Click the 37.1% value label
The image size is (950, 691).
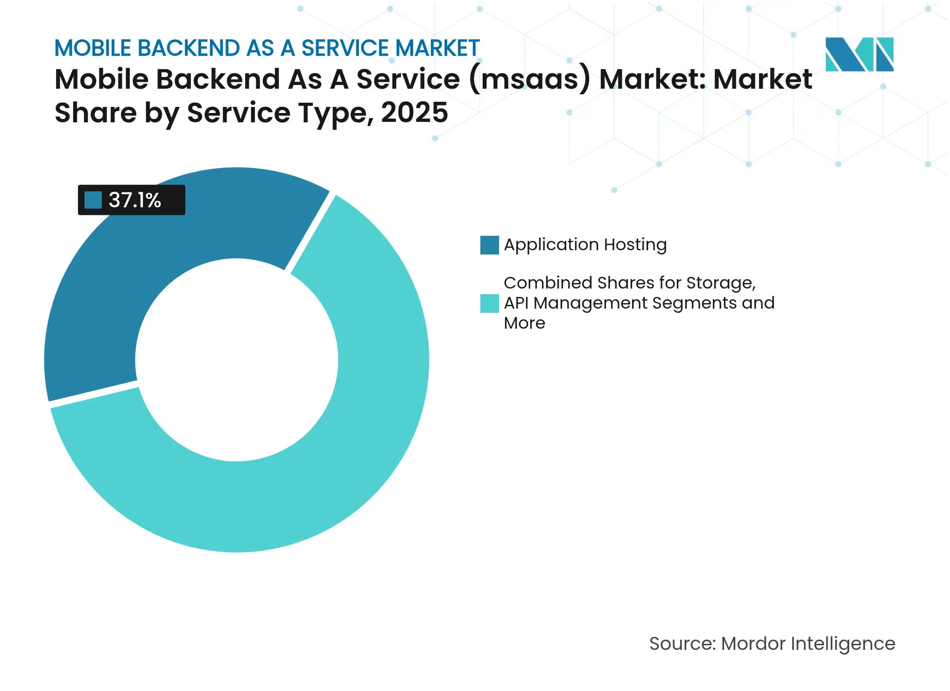[135, 200]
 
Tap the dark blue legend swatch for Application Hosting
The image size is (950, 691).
[489, 245]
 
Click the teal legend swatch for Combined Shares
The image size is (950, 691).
[489, 303]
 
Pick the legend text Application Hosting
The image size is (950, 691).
[585, 245]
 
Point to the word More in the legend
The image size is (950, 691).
[524, 323]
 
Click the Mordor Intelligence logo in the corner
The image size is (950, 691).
[859, 55]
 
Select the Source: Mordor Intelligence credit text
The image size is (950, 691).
[772, 644]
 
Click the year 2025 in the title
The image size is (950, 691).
[414, 113]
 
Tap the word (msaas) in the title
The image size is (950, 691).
[529, 79]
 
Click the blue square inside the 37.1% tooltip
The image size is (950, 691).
[93, 200]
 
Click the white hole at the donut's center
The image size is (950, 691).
[237, 360]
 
